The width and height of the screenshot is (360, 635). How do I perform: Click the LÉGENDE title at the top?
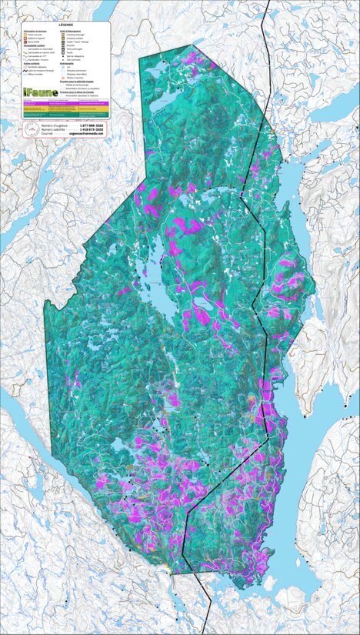pos(65,25)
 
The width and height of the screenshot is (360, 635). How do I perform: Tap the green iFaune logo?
pos(39,92)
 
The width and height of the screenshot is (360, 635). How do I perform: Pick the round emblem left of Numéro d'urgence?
pos(30,129)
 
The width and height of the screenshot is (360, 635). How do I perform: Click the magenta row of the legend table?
pos(65,104)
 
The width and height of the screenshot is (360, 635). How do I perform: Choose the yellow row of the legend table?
pos(65,109)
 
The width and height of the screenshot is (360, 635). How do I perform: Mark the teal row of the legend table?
pos(65,115)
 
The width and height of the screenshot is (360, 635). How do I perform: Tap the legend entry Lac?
pos(68,67)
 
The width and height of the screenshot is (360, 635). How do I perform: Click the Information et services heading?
pos(35,31)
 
